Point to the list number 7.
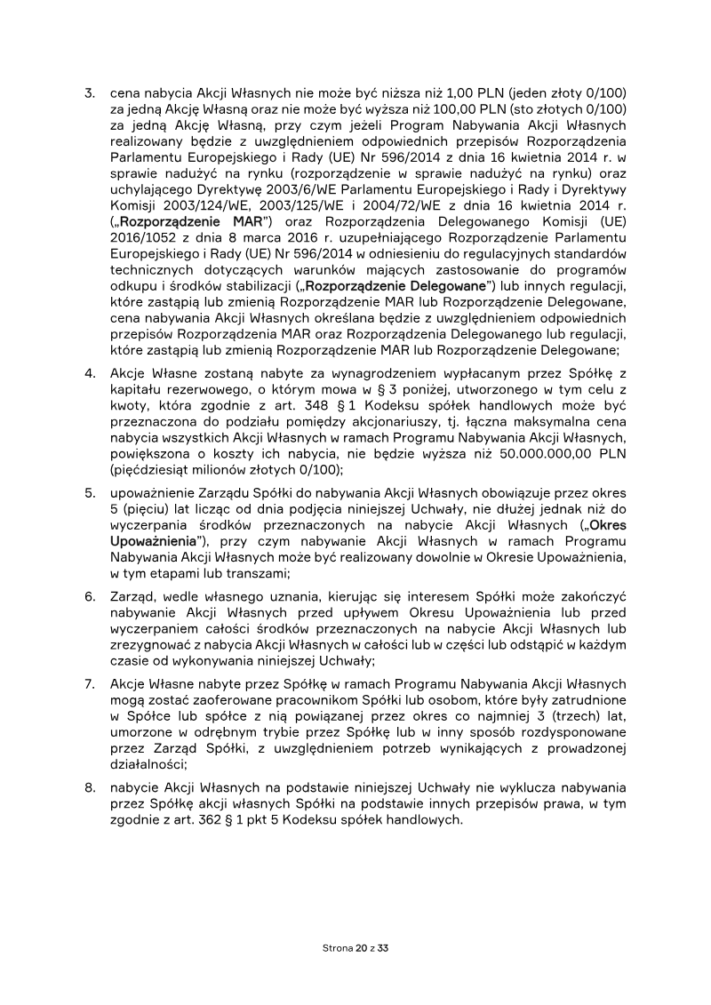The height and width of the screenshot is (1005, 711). pos(89,684)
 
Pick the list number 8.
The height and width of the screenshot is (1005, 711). pos(89,788)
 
